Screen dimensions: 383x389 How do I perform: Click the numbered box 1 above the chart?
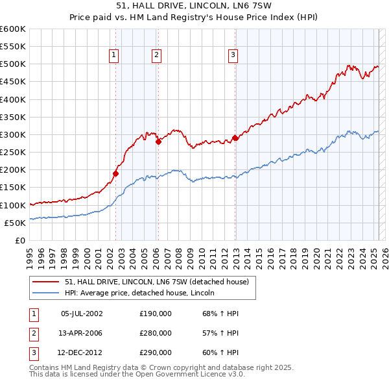pos(113,56)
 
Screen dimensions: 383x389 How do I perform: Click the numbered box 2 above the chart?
pos(157,56)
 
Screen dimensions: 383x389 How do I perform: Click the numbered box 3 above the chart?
pos(232,56)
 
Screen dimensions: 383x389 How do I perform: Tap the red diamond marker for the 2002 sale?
pos(116,173)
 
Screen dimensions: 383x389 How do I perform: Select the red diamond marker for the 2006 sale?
pos(158,142)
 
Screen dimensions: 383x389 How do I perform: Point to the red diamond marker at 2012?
pos(235,138)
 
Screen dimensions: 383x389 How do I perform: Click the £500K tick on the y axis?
pos(13,64)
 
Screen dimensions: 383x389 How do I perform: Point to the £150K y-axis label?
pos(13,188)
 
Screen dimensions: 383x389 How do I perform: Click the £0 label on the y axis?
pos(19,240)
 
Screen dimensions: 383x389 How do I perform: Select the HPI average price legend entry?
pos(143,293)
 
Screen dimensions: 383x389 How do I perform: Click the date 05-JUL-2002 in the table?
pos(82,314)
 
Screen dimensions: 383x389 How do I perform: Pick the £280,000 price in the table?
pos(156,333)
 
